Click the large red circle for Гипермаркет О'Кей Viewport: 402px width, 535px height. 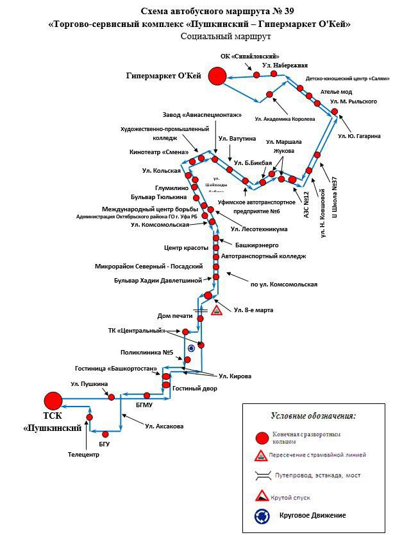pos(217,76)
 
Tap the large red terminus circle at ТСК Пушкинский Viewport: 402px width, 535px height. pos(53,400)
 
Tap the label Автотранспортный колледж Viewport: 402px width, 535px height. pos(263,256)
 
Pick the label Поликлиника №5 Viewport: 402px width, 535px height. pos(148,352)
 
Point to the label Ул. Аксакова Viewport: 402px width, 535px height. pos(164,426)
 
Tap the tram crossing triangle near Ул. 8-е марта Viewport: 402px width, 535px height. pos(217,310)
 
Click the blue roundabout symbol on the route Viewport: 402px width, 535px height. pos(191,347)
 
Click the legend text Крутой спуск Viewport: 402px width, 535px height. pos(295,496)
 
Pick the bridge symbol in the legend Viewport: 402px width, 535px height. pos(262,476)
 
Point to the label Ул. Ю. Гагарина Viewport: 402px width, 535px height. pos(360,136)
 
